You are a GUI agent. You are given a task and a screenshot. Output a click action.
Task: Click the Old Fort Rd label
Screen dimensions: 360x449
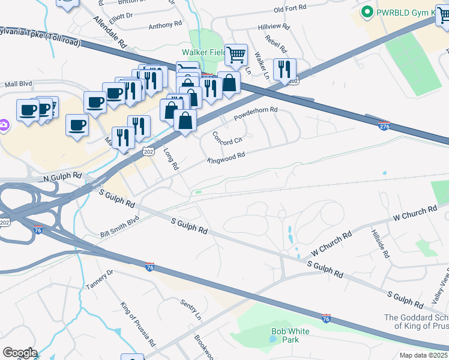click(x=290, y=9)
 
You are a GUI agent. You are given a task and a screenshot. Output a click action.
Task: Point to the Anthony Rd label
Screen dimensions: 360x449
click(x=165, y=26)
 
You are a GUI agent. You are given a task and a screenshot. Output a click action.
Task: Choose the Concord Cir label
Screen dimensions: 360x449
click(x=228, y=138)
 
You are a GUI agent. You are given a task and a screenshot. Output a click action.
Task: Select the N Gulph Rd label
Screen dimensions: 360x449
click(x=62, y=178)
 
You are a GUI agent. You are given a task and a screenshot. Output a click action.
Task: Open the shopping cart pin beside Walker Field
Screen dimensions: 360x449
click(x=236, y=55)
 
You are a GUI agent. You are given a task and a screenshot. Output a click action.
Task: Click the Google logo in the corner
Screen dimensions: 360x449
click(x=19, y=353)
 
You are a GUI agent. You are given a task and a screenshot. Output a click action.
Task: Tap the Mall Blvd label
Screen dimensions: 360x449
click(x=18, y=85)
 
